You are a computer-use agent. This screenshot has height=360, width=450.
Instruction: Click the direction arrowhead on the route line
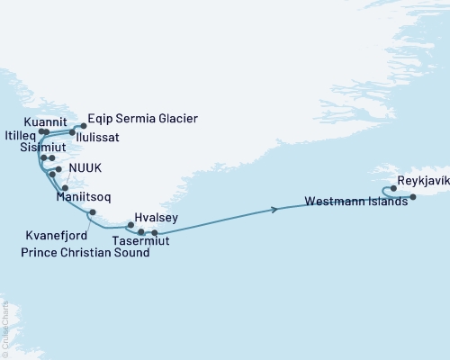274,210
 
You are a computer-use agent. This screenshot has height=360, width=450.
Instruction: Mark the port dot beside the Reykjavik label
393,189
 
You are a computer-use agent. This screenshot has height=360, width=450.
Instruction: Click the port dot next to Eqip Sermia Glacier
83,126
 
